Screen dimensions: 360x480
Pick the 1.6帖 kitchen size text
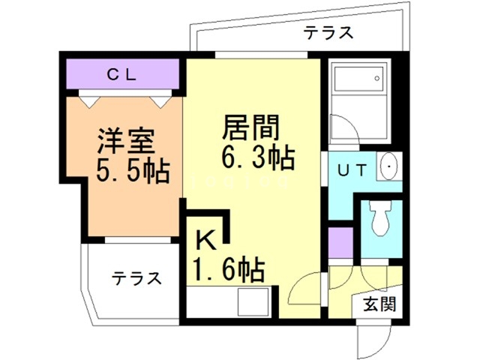(228, 268)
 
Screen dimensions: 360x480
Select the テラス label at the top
(328, 32)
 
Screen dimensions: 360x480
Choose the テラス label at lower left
(137, 278)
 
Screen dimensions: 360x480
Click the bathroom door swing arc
(341, 130)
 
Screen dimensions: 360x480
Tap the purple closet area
(121, 74)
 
